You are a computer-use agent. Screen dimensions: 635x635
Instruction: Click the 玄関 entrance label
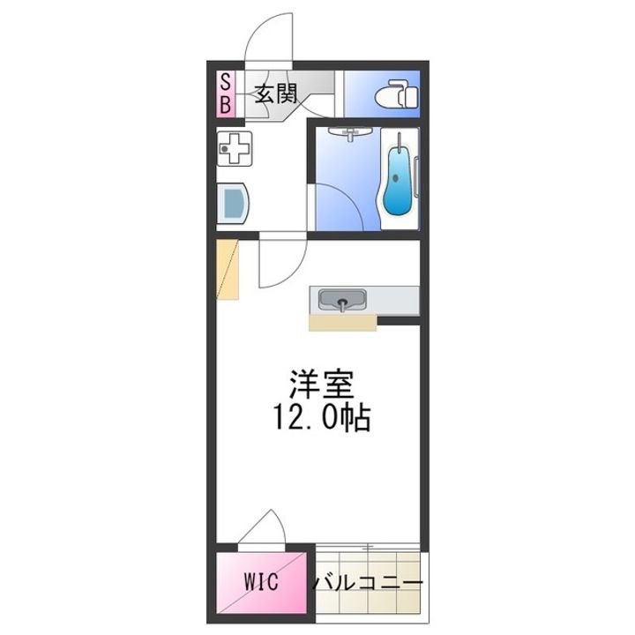pyautogui.click(x=276, y=94)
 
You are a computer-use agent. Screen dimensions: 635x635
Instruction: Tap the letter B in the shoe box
pyautogui.click(x=225, y=105)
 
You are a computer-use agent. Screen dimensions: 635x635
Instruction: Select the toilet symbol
pyautogui.click(x=397, y=94)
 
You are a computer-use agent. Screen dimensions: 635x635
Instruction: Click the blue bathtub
pyautogui.click(x=397, y=181)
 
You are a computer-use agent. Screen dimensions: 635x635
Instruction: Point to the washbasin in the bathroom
pyautogui.click(x=351, y=133)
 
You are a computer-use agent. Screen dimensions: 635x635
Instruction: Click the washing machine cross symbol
pyautogui.click(x=235, y=149)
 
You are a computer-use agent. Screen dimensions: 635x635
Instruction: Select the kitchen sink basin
pyautogui.click(x=342, y=300)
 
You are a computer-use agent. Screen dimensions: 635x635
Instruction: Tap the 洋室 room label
pyautogui.click(x=323, y=384)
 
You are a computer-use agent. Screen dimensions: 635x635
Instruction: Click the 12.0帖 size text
pyautogui.click(x=323, y=417)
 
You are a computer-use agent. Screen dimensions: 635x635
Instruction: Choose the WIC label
pyautogui.click(x=261, y=581)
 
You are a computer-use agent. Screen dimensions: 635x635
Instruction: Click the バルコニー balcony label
pyautogui.click(x=368, y=584)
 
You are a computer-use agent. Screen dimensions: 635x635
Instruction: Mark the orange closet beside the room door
pyautogui.click(x=228, y=269)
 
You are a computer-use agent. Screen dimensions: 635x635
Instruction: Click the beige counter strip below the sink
pyautogui.click(x=342, y=323)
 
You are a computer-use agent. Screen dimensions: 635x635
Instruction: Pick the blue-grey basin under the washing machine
pyautogui.click(x=234, y=203)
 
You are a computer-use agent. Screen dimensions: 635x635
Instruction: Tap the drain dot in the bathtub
pyautogui.click(x=396, y=178)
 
